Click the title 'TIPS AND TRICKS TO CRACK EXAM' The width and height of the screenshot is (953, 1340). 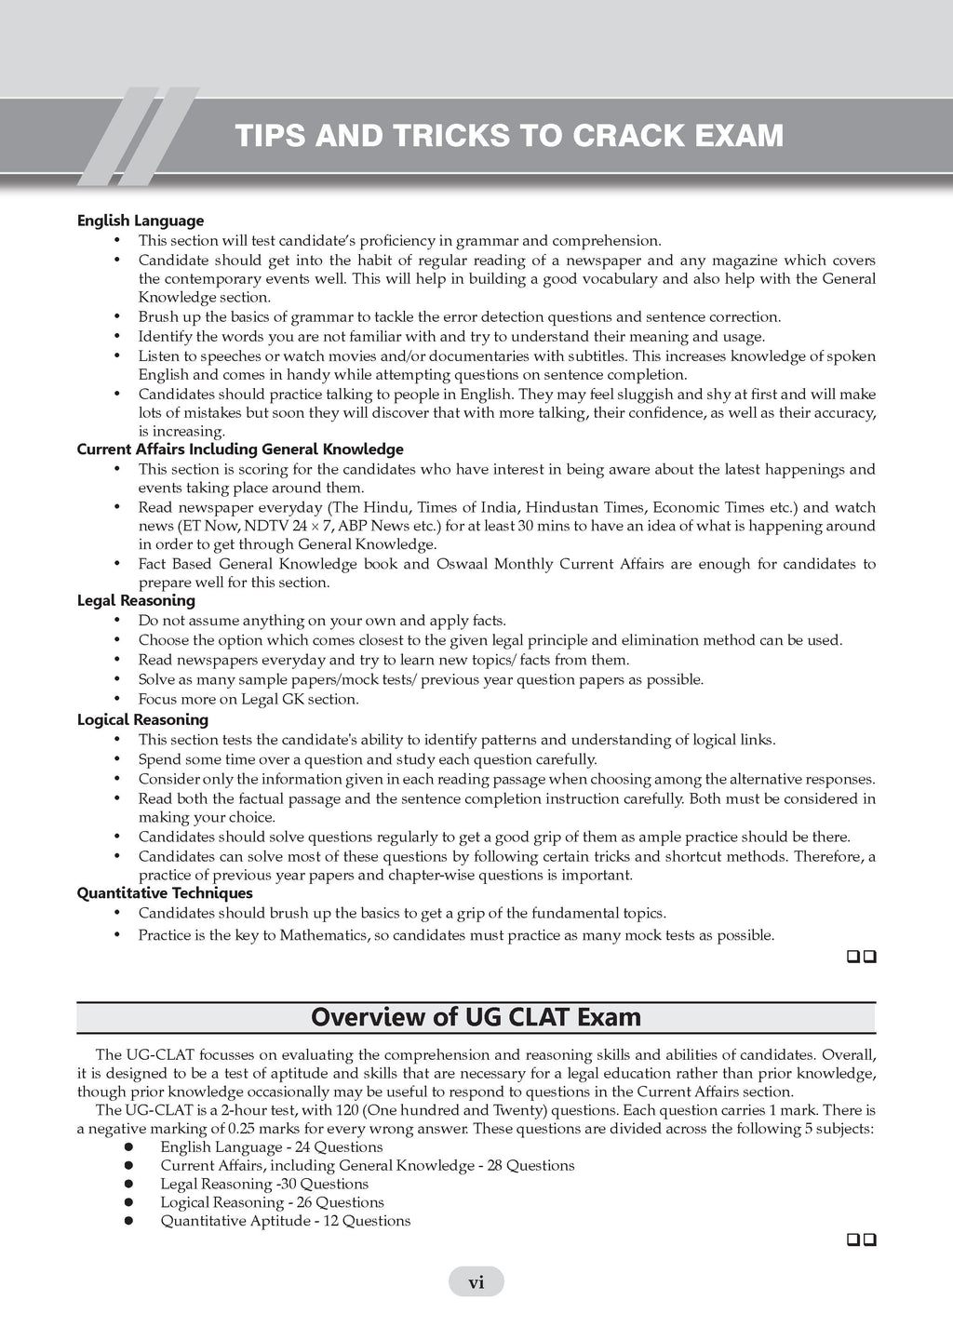[509, 137]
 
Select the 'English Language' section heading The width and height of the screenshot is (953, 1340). [140, 221]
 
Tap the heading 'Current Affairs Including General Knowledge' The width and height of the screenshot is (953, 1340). [240, 449]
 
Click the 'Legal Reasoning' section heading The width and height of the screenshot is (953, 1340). [136, 601]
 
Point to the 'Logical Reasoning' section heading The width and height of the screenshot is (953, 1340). [142, 720]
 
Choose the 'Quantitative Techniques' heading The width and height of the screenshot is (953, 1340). [165, 893]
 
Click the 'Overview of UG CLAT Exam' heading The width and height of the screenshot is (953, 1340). [476, 1017]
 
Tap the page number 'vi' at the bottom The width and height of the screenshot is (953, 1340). [476, 1283]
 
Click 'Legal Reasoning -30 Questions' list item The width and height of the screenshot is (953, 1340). [264, 1184]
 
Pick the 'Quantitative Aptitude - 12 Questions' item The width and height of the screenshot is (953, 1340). [285, 1221]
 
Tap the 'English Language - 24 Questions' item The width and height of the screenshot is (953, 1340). [271, 1147]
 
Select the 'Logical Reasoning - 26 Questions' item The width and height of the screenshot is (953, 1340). [272, 1202]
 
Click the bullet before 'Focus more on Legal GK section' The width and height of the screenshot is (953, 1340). [116, 698]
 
